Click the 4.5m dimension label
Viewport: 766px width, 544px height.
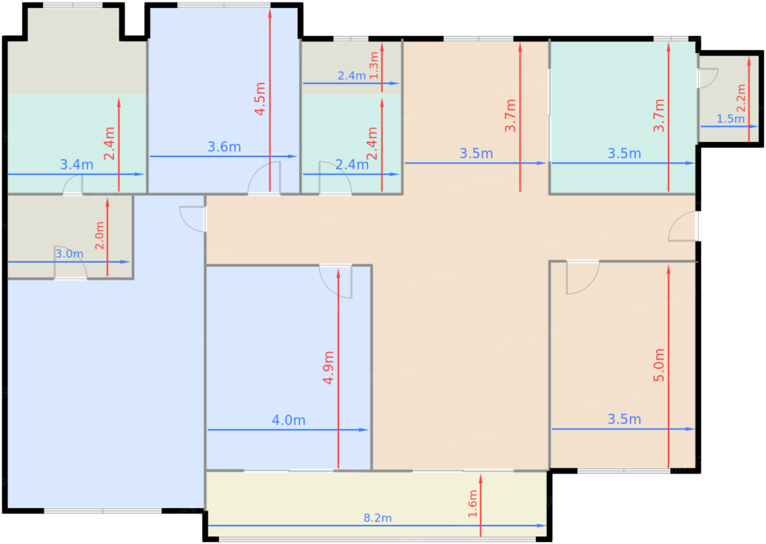(260, 99)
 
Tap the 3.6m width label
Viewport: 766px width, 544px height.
(224, 147)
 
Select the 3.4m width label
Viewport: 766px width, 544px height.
(77, 165)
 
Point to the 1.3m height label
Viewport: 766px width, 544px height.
(374, 65)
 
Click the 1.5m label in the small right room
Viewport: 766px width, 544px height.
(730, 119)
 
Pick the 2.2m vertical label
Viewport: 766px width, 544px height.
(741, 98)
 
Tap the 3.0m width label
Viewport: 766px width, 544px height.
(69, 253)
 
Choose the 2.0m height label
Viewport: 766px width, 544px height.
(99, 235)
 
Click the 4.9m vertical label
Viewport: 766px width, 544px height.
(328, 367)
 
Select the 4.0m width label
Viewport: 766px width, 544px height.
(289, 420)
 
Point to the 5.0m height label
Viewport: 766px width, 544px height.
(659, 365)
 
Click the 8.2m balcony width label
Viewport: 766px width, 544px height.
(378, 518)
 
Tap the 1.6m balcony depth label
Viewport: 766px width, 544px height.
(473, 504)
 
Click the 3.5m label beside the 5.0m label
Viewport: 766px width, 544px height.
(624, 419)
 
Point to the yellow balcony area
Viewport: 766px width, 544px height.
(377, 505)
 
